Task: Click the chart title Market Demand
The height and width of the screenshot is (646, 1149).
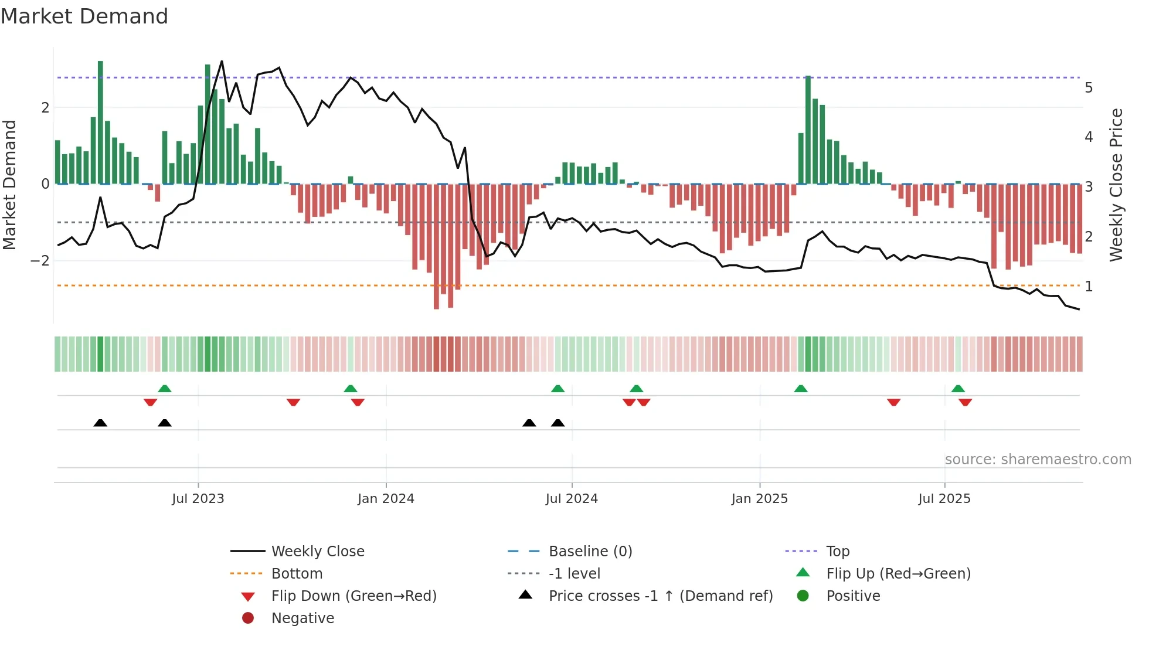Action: [84, 16]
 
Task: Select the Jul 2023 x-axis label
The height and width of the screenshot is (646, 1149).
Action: [198, 499]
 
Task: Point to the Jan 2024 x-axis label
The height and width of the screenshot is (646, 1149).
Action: [386, 499]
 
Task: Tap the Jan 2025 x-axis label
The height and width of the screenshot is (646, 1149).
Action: [759, 499]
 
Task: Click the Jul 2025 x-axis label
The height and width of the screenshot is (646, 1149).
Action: [944, 499]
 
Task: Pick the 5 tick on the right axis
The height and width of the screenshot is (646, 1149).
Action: [1089, 88]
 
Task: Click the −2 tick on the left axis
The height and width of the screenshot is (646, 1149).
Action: [40, 261]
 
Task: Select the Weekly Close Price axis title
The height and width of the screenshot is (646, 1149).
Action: [1116, 185]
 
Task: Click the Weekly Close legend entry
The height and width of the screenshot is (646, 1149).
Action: [317, 552]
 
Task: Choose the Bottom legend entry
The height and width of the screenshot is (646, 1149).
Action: [297, 574]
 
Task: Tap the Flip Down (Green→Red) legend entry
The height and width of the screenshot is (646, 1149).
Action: [353, 596]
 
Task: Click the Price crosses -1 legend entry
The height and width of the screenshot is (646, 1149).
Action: [660, 596]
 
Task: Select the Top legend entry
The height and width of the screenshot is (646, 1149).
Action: [837, 552]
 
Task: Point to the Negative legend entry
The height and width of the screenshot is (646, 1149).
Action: [302, 618]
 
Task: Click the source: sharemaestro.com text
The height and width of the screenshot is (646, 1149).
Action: [1038, 460]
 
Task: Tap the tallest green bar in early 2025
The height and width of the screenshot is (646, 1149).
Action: [808, 129]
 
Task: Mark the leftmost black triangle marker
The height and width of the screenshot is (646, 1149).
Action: [100, 423]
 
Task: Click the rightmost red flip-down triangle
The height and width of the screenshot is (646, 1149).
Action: [965, 402]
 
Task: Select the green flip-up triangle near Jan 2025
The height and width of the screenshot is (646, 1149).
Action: [800, 389]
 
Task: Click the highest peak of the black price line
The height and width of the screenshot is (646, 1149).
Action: [222, 62]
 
